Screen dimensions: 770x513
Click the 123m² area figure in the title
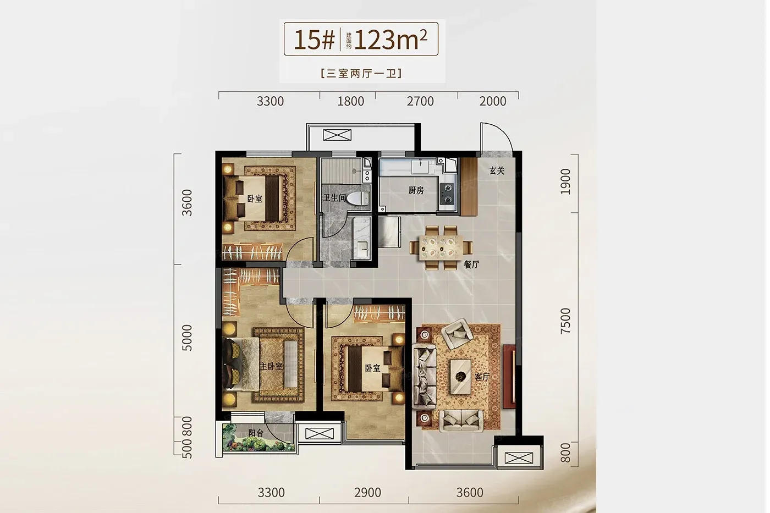coord(391,40)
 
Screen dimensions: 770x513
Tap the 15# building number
coord(314,40)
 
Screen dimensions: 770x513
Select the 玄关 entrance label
coord(497,171)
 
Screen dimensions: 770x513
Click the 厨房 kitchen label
coord(416,190)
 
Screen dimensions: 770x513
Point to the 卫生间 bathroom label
coord(334,197)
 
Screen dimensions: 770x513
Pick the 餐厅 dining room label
coord(471,264)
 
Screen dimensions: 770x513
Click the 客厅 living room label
coord(482,377)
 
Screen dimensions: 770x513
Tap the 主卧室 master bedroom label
coord(271,366)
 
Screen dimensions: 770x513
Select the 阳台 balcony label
coord(256,433)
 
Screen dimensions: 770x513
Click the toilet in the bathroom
coord(358,198)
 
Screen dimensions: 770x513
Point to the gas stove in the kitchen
coord(447,194)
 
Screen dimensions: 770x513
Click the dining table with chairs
coord(441,247)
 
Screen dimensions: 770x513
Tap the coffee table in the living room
coord(461,377)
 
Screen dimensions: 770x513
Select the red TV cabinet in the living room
coord(509,377)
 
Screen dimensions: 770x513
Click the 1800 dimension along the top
coord(351,101)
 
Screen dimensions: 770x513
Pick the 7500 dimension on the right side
coord(565,321)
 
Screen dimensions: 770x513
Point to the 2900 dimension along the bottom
coord(367,493)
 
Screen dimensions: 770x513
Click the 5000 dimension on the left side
coord(186,338)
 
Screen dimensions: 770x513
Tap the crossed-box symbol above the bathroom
coord(337,135)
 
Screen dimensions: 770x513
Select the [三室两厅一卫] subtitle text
coord(361,74)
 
